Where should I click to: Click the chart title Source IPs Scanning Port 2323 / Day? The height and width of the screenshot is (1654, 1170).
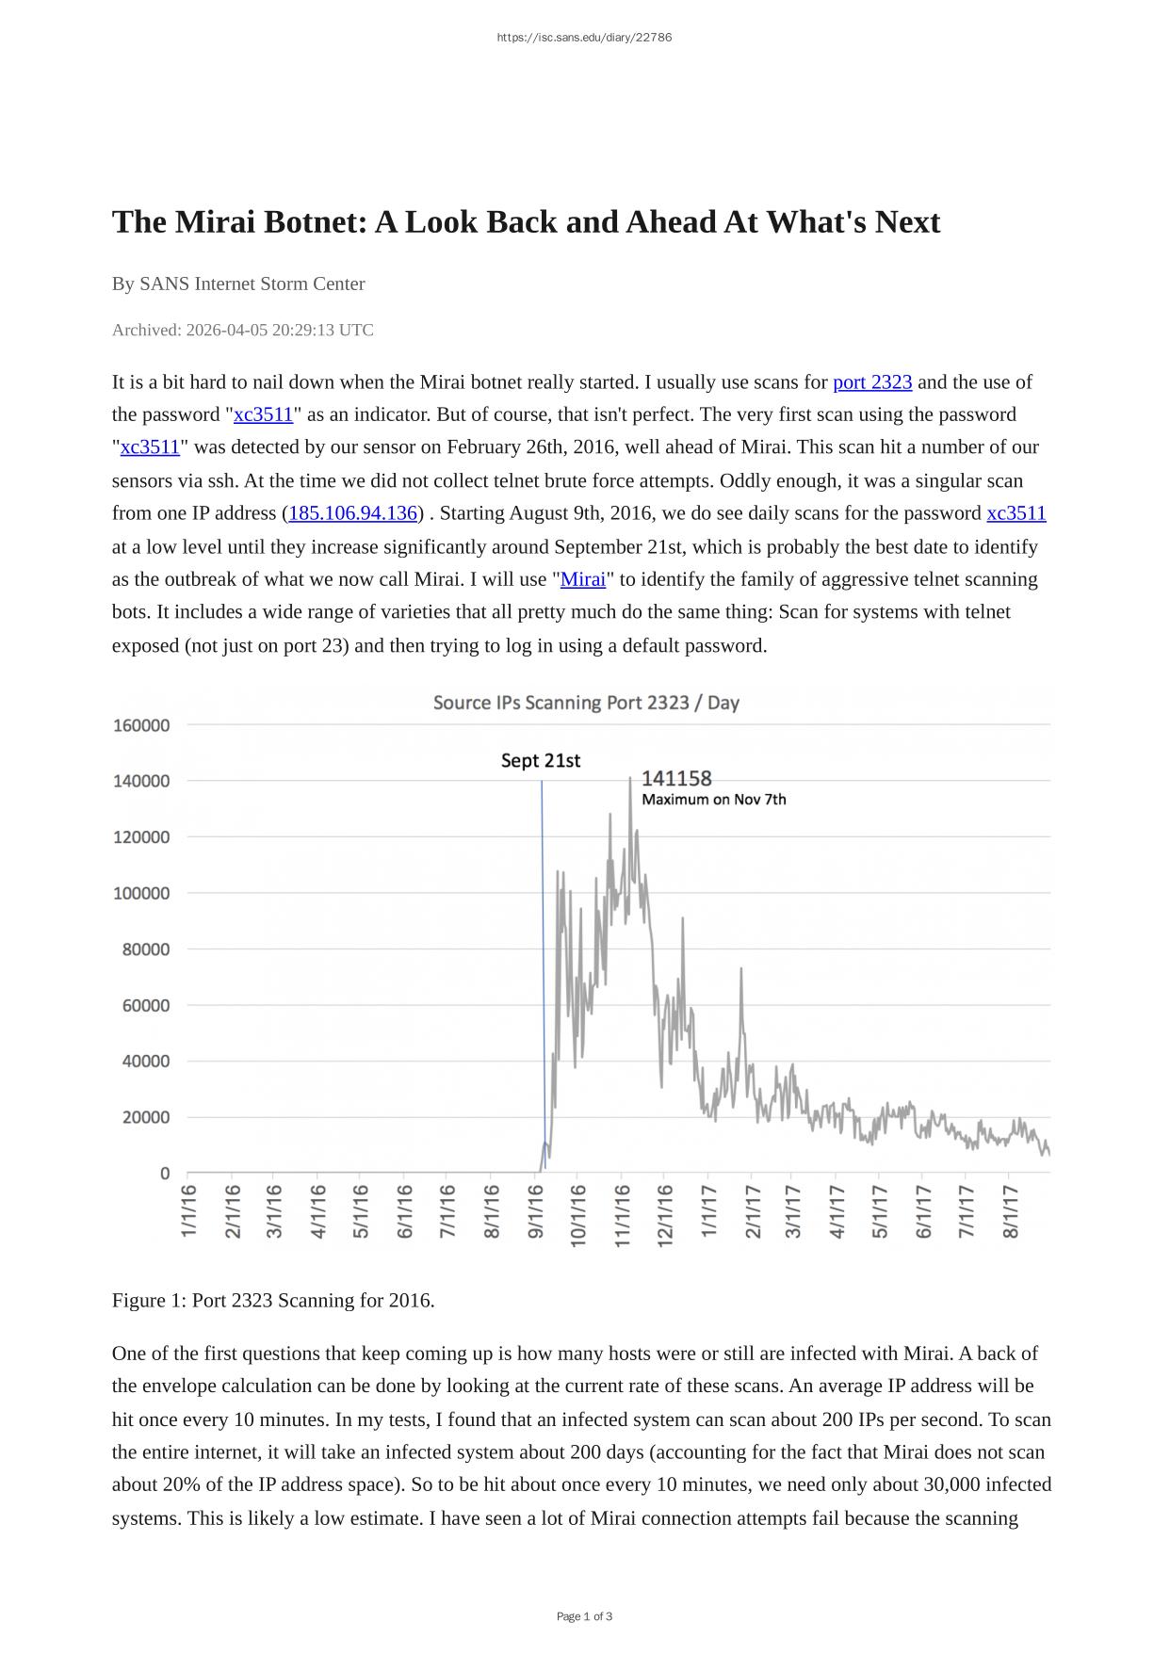click(586, 703)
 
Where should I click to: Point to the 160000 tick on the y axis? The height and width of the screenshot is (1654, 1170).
click(141, 725)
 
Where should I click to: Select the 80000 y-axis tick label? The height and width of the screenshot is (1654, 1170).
click(146, 949)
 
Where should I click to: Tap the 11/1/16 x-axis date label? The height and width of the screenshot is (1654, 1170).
click(623, 1216)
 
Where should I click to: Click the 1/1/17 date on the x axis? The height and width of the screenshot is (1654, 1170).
click(709, 1212)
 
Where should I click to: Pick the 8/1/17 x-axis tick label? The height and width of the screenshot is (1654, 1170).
click(1011, 1212)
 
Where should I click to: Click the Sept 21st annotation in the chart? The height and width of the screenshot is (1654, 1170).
click(541, 761)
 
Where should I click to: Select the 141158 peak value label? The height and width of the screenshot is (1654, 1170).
click(676, 778)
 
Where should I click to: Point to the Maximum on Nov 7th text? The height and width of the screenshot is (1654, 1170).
click(714, 800)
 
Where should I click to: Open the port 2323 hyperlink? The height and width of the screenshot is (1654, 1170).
click(872, 382)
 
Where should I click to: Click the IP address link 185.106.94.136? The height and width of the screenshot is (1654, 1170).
click(352, 513)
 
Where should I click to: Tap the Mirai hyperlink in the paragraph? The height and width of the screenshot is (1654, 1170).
click(583, 579)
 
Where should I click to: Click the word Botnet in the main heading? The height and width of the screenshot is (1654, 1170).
click(317, 222)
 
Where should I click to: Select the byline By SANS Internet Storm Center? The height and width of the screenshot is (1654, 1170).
click(238, 284)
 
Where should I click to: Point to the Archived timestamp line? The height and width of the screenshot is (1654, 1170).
click(243, 330)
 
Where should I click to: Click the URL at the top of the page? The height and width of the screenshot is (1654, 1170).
click(584, 38)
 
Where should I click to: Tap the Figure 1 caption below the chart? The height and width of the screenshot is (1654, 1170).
click(273, 1301)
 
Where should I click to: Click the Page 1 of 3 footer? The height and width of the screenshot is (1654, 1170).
click(584, 1616)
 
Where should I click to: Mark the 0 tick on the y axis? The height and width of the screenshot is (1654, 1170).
click(165, 1174)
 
